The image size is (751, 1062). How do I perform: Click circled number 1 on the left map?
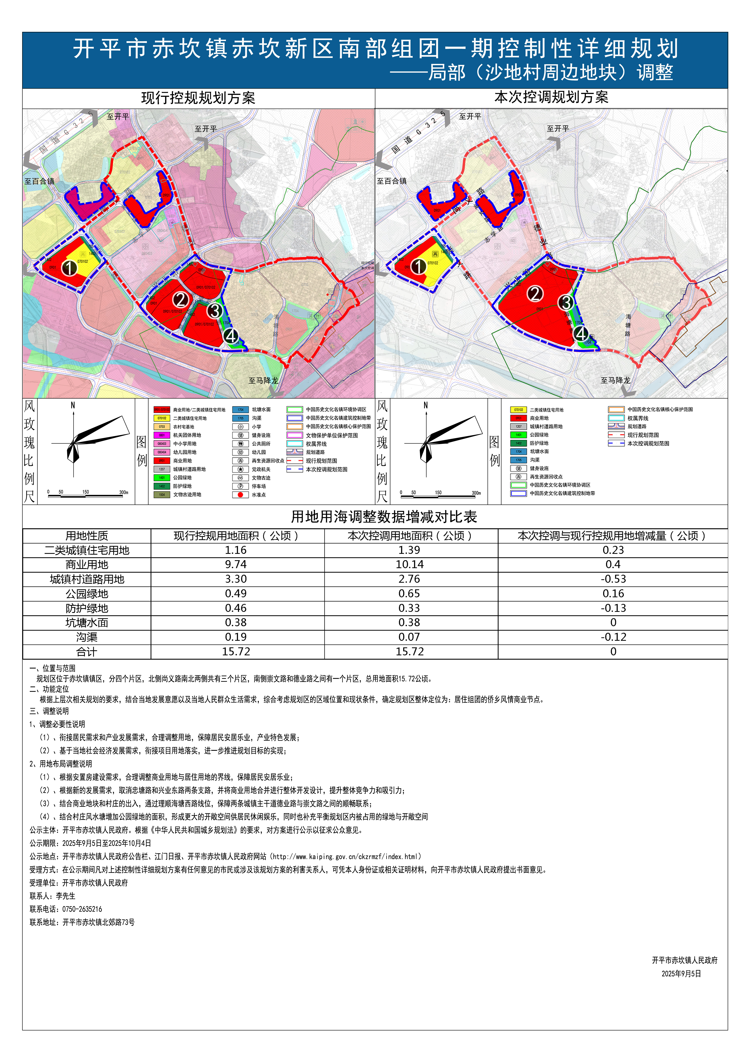click(69, 267)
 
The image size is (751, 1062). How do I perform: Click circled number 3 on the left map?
click(215, 310)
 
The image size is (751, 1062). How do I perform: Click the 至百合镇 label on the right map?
click(391, 181)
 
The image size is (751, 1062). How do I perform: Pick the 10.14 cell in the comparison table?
click(409, 564)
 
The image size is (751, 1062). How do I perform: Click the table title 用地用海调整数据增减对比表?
click(384, 517)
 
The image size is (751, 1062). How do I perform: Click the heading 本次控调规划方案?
click(551, 97)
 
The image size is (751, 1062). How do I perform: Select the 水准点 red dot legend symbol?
click(240, 494)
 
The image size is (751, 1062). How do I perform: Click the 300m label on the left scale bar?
click(123, 492)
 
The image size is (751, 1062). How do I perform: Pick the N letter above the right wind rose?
click(425, 405)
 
